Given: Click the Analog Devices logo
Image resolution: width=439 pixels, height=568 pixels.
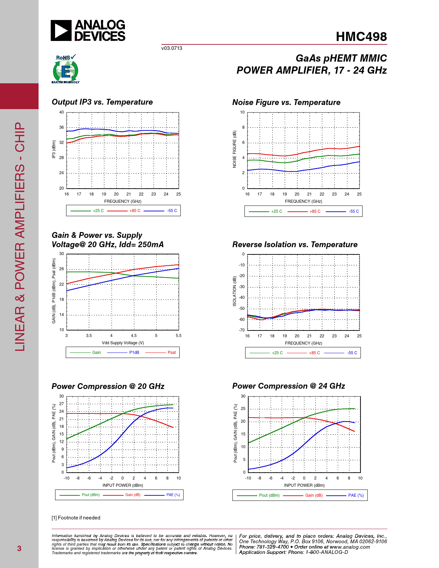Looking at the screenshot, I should [88, 31].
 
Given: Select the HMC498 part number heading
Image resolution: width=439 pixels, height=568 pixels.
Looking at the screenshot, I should [361, 37].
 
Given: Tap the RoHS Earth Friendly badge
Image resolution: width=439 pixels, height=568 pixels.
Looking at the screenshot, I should [65, 69].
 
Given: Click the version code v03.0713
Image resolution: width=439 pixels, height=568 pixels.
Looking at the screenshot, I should [171, 48].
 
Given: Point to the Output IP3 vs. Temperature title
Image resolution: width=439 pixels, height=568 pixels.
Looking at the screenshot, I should [102, 102].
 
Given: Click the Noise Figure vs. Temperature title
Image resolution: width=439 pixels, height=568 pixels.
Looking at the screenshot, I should [286, 103].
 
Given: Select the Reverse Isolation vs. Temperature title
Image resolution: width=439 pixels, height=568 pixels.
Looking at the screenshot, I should [295, 245].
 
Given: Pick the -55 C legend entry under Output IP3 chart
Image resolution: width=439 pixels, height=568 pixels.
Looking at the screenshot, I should [172, 211].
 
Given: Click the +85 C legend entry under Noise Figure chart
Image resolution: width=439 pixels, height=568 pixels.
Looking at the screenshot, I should [315, 211].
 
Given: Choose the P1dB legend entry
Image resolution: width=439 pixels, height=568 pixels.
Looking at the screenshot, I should [134, 353].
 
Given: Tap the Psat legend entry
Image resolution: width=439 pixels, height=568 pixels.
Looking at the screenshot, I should [171, 353].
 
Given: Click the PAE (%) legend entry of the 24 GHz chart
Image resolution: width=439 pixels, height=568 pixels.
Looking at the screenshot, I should [356, 495].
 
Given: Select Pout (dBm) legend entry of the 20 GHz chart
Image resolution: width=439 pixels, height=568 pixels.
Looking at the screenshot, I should [91, 495].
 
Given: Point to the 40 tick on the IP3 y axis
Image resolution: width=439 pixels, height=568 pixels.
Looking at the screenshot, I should [62, 112].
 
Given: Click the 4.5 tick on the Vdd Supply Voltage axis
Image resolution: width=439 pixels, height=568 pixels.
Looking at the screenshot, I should [134, 336].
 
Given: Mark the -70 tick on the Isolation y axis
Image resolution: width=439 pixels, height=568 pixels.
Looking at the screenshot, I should [242, 330].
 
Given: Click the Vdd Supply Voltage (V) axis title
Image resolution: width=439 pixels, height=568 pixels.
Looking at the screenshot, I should [123, 343].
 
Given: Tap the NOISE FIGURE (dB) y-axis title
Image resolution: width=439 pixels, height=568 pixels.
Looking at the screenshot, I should [234, 149].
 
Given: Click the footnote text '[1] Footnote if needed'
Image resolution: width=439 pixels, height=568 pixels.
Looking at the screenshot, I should [76, 518].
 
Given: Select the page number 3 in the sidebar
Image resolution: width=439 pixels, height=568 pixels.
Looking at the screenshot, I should [19, 549].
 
